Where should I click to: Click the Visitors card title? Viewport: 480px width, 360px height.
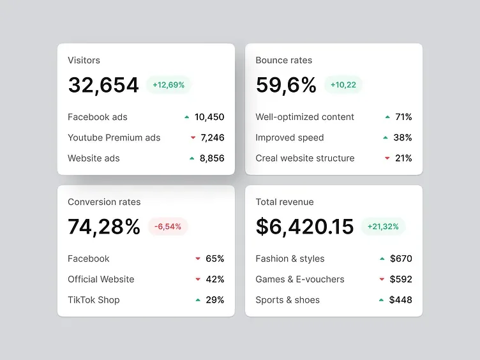(84, 60)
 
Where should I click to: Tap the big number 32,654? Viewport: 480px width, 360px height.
(103, 85)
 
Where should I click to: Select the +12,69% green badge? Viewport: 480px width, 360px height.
(169, 85)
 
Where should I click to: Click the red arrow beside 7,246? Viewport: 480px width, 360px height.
(193, 138)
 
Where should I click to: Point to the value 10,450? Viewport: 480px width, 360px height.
(209, 117)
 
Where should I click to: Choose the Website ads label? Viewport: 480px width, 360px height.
(94, 158)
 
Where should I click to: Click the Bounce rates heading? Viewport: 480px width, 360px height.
(284, 60)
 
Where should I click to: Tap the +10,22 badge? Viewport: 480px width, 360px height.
(343, 85)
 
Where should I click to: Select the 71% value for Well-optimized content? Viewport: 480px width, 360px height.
(403, 117)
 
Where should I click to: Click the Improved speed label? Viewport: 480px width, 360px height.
(290, 138)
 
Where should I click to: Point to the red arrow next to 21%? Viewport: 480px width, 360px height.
(387, 158)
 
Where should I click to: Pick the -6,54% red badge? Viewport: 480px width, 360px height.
(168, 227)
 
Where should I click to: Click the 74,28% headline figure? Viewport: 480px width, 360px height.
(104, 227)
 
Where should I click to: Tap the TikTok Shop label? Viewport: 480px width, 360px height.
(94, 300)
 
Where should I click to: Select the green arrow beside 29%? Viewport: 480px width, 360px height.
(198, 300)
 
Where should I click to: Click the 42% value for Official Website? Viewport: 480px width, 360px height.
(215, 279)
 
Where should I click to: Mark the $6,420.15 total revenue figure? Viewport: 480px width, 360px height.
(304, 227)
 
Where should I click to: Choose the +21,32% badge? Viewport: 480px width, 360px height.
(383, 227)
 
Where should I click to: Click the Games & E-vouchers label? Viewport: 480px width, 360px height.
(300, 279)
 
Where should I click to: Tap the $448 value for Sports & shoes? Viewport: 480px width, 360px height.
(400, 300)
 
